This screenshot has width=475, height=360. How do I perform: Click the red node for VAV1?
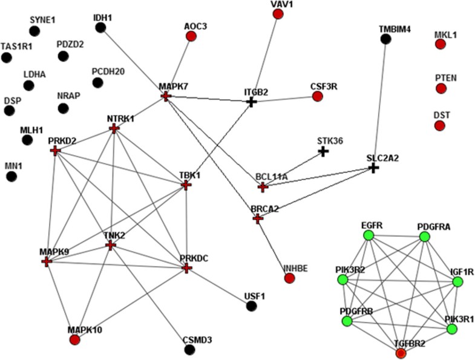coord(278,14)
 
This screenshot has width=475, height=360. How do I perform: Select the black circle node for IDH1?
coord(101,27)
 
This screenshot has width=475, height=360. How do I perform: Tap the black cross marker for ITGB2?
coord(252,102)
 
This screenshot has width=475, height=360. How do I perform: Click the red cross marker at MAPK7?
coord(165,96)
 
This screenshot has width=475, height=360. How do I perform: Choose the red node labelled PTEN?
coord(441,89)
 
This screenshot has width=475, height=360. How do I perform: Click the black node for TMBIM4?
coord(385,39)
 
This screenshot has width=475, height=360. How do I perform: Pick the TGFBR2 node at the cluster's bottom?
coord(400,353)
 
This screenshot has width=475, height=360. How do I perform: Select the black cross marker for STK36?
coord(323,151)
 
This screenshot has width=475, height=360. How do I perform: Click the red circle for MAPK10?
coord(75,339)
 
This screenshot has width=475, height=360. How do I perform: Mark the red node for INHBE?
coord(289,278)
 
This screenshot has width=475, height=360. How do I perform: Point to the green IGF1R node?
coord(457,281)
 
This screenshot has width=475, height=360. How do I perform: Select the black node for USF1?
coord(251,306)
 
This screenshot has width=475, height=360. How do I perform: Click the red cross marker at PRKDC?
coord(187,267)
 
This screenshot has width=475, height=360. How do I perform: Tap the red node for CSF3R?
coord(318,97)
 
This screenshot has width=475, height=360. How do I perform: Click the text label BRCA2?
coord(264,209)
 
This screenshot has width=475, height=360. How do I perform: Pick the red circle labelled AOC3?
coord(191,36)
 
